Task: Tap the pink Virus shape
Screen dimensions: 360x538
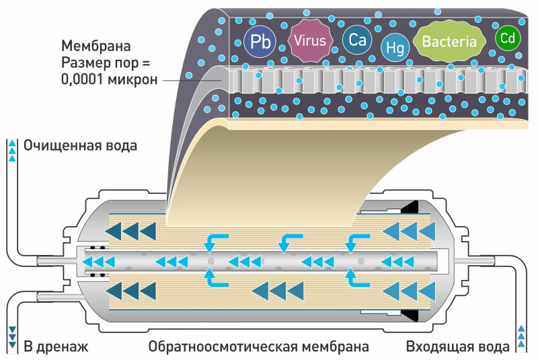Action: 310,40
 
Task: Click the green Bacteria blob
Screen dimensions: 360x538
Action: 449,42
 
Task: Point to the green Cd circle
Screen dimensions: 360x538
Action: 507,38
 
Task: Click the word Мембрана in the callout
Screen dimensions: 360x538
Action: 96,47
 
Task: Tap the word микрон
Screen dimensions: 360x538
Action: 135,79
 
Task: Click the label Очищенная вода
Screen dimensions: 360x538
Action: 80,145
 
